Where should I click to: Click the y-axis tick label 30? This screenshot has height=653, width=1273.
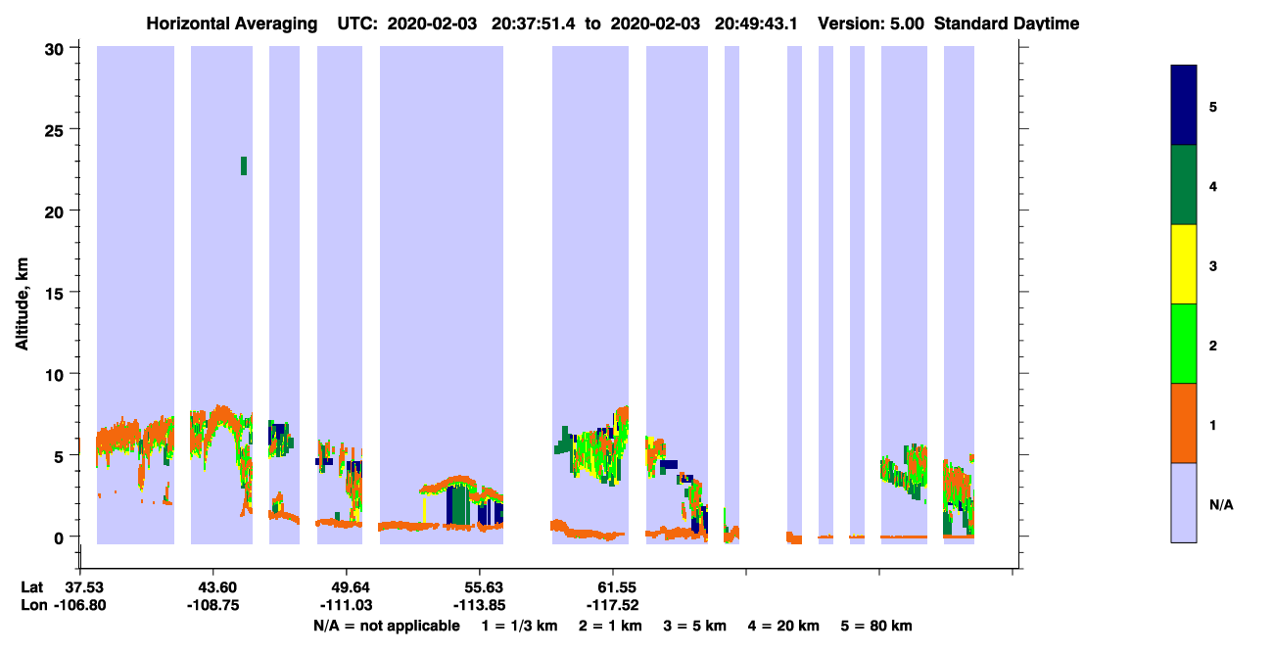click(54, 50)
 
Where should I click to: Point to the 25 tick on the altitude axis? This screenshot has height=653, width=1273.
click(54, 131)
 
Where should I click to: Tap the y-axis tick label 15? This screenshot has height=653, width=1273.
click(54, 294)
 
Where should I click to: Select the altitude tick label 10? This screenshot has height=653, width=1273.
click(54, 375)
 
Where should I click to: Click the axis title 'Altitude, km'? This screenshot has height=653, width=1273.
click(22, 303)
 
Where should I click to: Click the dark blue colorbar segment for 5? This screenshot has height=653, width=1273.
click(1183, 105)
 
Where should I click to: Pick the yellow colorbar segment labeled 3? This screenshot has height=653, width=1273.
click(1183, 264)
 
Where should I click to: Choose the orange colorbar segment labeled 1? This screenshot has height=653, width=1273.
click(1183, 423)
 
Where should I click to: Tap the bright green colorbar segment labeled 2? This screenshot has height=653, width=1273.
click(1183, 344)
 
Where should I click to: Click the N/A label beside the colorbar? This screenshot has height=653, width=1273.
click(1221, 504)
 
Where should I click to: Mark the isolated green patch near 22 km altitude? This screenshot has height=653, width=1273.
click(244, 166)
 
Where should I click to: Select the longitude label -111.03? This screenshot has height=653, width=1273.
click(346, 605)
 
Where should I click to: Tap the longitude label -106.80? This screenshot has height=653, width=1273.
click(79, 605)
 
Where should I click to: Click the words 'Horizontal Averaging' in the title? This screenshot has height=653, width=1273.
click(232, 23)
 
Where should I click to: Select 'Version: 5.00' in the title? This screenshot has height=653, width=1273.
click(871, 23)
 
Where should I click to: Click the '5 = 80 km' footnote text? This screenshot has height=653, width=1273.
click(876, 626)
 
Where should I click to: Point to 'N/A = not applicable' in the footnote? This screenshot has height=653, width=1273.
click(387, 626)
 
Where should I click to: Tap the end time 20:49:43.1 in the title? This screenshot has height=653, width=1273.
click(756, 23)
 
